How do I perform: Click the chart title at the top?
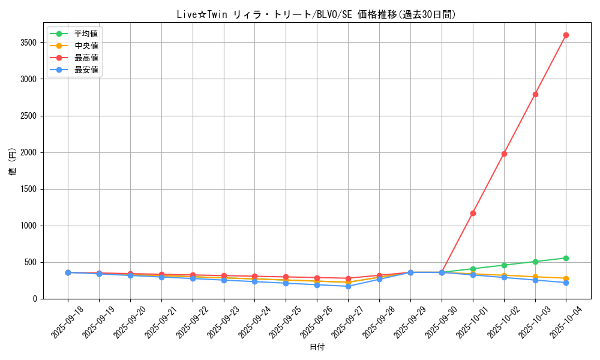click(316, 15)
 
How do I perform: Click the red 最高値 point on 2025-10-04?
click(566, 35)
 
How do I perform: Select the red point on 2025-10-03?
click(535, 94)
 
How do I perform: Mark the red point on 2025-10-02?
click(504, 154)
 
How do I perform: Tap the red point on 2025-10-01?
click(473, 213)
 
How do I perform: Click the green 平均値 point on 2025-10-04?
click(566, 258)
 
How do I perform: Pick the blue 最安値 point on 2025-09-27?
click(348, 286)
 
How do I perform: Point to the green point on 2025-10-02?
click(504, 265)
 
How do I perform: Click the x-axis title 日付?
click(316, 347)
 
